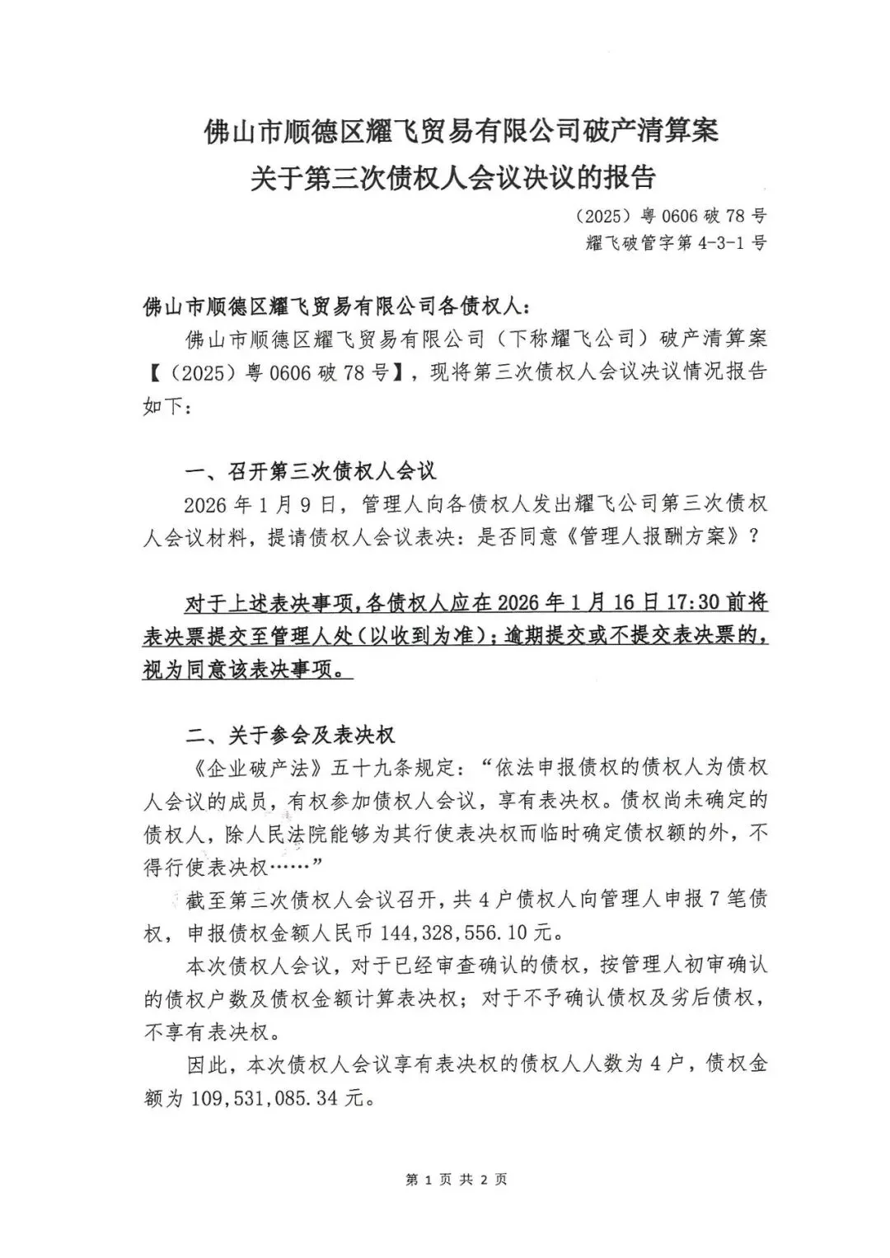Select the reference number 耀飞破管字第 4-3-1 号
(676, 244)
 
